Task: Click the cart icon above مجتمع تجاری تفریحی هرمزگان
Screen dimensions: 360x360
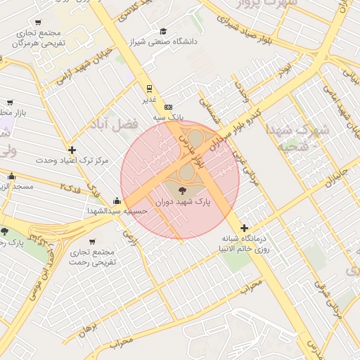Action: (37, 22)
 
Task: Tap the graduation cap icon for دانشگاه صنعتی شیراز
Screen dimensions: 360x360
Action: (163, 32)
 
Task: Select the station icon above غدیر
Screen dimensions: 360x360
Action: (148, 89)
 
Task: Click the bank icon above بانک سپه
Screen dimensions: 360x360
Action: (167, 106)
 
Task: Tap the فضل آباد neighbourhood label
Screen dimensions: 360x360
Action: (112, 126)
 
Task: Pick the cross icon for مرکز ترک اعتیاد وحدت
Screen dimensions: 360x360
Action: (72, 150)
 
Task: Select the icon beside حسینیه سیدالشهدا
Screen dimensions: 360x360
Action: (116, 201)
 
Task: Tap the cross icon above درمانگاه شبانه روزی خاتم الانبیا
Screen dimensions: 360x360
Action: (244, 227)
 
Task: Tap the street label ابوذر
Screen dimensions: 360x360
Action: (283, 70)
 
